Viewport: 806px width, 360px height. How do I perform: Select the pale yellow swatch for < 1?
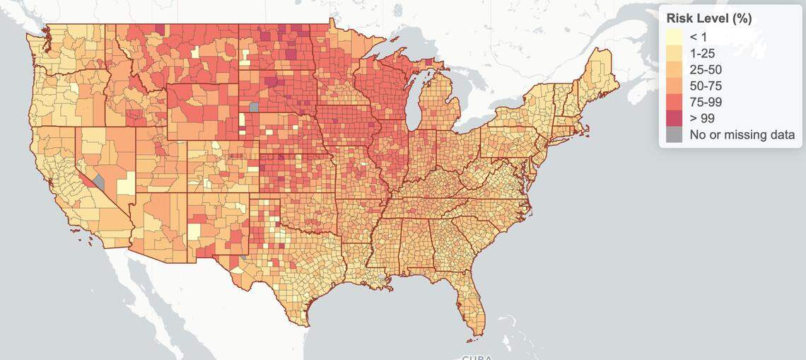[x=674, y=37]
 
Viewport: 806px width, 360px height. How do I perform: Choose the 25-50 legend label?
[x=706, y=69]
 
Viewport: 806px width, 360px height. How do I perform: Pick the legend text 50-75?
[x=706, y=86]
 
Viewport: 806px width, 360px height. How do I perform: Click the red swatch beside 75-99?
[x=674, y=102]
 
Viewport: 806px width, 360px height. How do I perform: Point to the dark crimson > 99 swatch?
[x=674, y=118]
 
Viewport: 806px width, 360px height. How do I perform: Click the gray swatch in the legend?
[x=674, y=134]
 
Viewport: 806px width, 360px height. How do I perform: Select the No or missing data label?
[x=742, y=134]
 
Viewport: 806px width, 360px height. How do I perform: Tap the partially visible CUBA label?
[x=478, y=356]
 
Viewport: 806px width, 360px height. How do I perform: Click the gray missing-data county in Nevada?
[x=99, y=182]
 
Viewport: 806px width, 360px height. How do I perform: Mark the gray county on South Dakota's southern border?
[x=254, y=107]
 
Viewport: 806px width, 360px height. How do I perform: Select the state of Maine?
[x=597, y=74]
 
